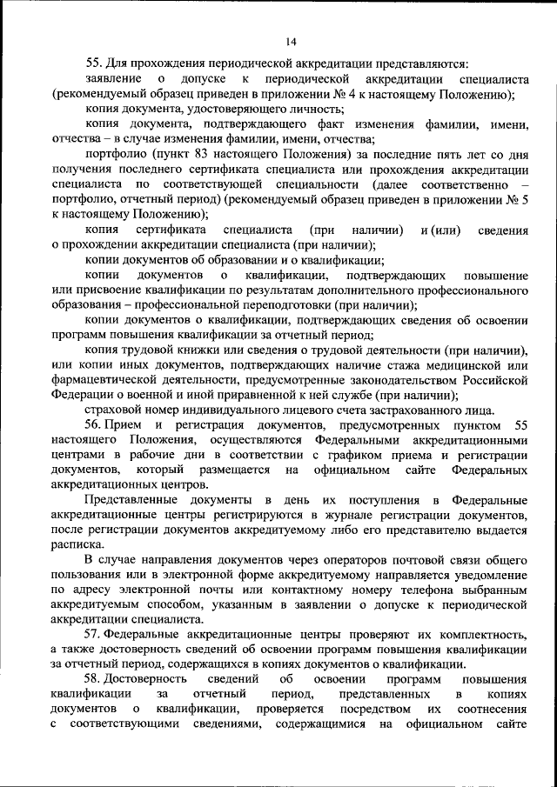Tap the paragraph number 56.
(94, 425)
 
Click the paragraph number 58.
(94, 679)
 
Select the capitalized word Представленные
(137, 499)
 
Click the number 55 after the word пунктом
(520, 425)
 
